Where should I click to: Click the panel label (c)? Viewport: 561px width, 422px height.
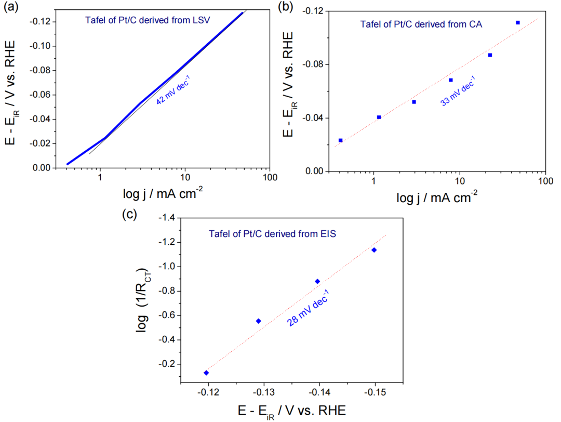point(130,214)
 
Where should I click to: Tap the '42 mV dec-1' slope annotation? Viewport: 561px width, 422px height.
point(173,92)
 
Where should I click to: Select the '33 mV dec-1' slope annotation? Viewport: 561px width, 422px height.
point(458,91)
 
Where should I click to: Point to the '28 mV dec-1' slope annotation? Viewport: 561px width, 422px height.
point(308,310)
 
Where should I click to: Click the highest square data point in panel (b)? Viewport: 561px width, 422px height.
point(518,22)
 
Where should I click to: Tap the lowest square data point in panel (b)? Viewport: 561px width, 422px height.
point(340,140)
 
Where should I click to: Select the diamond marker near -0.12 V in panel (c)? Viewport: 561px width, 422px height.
point(206,373)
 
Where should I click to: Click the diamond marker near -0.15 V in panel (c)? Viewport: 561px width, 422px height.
point(373,250)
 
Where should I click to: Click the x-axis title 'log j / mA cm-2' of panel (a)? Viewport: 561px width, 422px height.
point(162,193)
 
